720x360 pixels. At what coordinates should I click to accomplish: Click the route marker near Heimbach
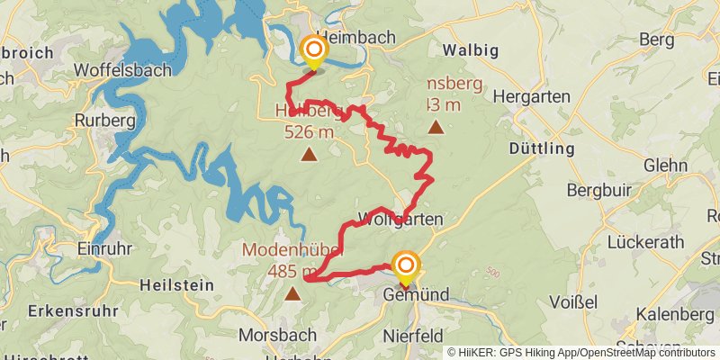[313, 50]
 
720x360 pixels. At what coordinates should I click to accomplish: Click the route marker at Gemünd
[406, 265]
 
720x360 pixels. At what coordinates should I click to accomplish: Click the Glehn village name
[665, 166]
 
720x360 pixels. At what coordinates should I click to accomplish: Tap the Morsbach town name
[277, 335]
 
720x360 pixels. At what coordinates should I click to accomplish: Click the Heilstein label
[177, 284]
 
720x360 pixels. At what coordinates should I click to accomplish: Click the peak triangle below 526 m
[309, 155]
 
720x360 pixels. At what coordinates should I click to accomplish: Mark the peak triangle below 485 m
[292, 292]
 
